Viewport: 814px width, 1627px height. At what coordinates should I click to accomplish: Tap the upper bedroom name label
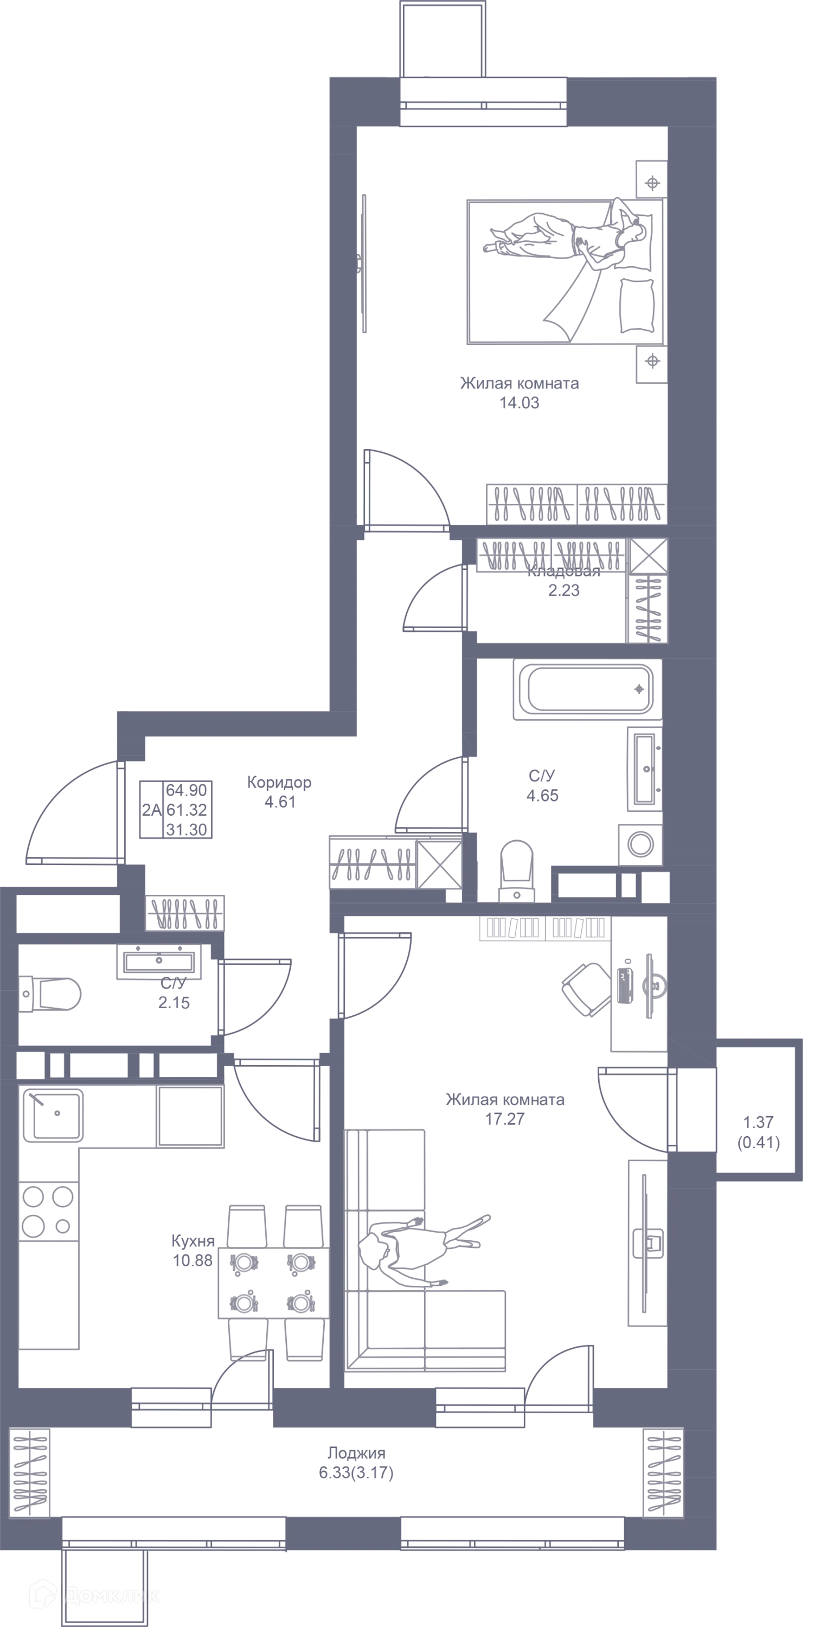coord(520,382)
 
